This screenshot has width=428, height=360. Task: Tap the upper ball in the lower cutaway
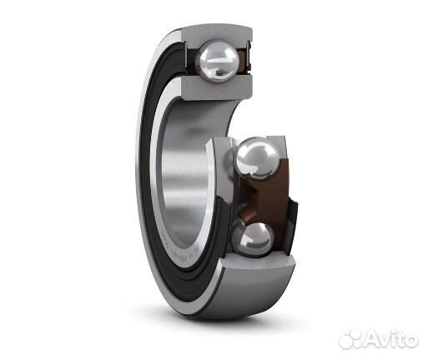(x=257, y=157)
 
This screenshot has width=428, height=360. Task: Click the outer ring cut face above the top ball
(x=217, y=35)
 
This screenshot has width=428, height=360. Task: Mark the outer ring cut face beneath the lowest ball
(x=260, y=262)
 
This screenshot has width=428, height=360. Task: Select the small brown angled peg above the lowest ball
(x=246, y=214)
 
